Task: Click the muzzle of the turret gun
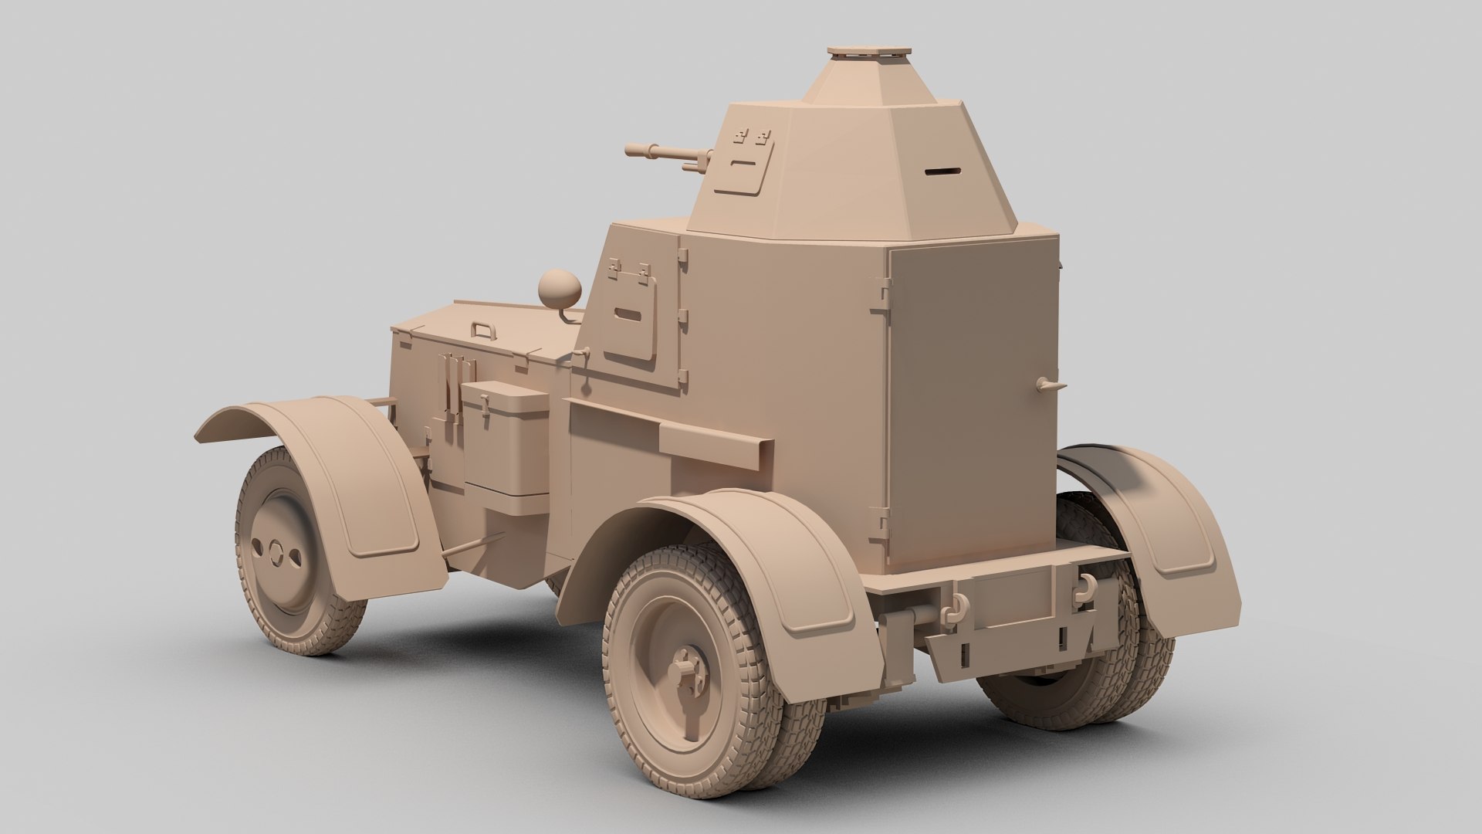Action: tap(630, 149)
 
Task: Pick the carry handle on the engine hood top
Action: tap(485, 330)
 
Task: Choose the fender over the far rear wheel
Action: tap(1158, 510)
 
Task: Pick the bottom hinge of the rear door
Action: tap(878, 516)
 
